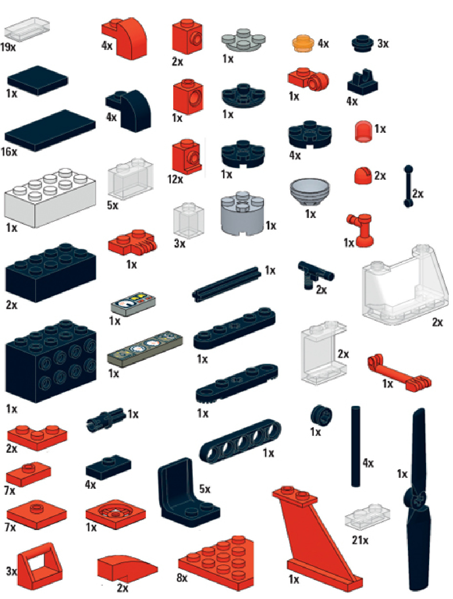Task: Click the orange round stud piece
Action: [303, 44]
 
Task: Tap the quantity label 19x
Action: [8, 47]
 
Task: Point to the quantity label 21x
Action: [360, 540]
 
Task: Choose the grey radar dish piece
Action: [309, 192]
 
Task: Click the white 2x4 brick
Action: [50, 197]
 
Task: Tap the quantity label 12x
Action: [175, 179]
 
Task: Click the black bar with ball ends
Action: [408, 186]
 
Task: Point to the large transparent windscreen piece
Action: [405, 285]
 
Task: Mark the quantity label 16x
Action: [9, 152]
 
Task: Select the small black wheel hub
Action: [321, 416]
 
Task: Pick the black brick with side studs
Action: [50, 362]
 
